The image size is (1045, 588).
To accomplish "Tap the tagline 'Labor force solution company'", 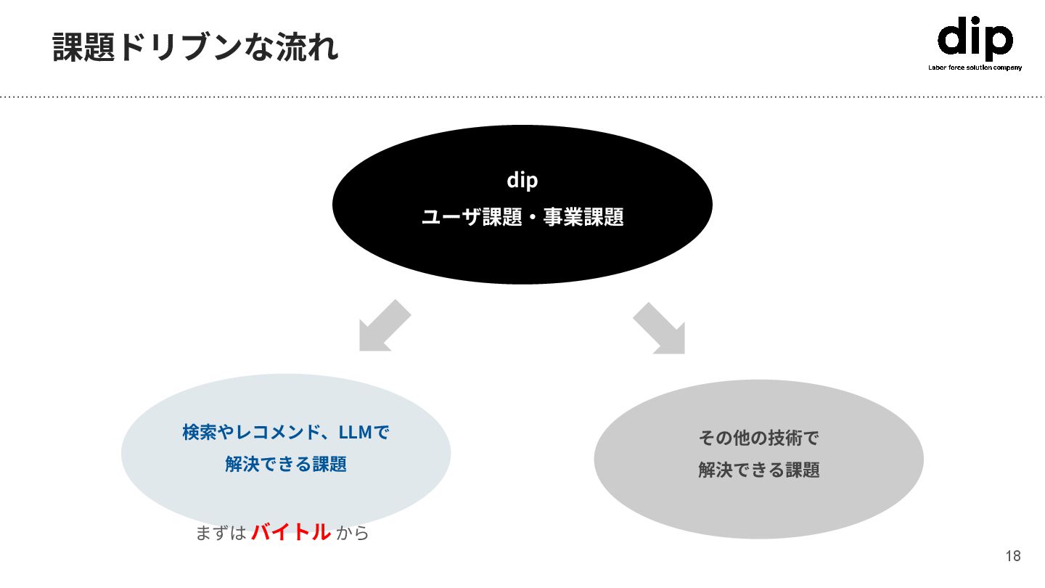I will click(975, 68).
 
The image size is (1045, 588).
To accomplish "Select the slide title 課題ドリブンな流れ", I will click(196, 47).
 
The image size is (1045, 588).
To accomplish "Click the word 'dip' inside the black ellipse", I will click(522, 180).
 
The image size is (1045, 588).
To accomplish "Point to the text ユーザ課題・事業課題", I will click(522, 217).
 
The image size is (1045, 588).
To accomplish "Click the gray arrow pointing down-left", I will click(382, 327).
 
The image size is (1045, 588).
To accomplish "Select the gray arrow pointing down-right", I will click(661, 329).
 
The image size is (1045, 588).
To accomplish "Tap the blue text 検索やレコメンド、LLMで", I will click(286, 433).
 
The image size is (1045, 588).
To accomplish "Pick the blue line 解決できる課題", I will click(286, 464).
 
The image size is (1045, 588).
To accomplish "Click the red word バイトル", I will click(291, 532).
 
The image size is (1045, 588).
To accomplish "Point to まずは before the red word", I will click(221, 533).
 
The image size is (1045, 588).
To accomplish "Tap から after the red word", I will click(353, 533).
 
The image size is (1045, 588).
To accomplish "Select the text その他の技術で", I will click(758, 438).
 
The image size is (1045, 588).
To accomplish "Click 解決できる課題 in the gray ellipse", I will click(758, 470).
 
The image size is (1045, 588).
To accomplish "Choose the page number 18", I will click(1013, 557).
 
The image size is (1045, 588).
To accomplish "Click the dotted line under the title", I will click(522, 96).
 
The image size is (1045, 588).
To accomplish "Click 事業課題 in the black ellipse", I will click(583, 217).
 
